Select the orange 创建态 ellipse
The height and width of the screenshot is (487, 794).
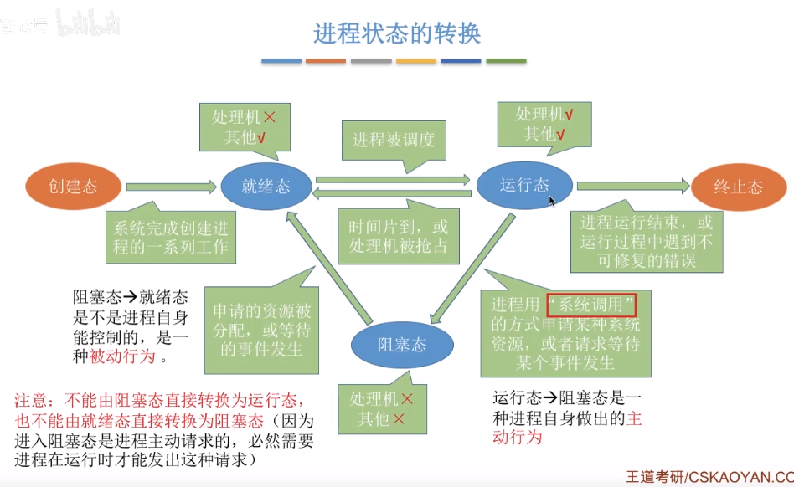73,186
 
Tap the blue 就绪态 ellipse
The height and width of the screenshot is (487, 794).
266,186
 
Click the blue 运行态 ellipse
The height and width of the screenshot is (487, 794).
524,186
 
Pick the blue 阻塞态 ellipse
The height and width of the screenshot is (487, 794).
402,344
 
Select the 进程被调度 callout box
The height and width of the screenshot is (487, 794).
394,140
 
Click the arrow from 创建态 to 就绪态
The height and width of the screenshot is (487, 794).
171,187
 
